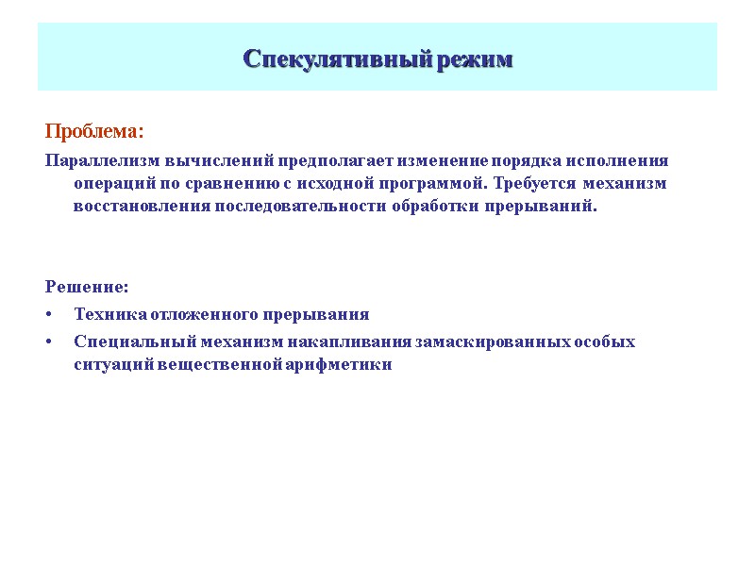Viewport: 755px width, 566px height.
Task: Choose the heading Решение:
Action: click(x=87, y=287)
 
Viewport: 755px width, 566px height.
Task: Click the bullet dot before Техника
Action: click(x=49, y=315)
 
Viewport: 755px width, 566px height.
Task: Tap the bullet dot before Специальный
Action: click(x=49, y=341)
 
